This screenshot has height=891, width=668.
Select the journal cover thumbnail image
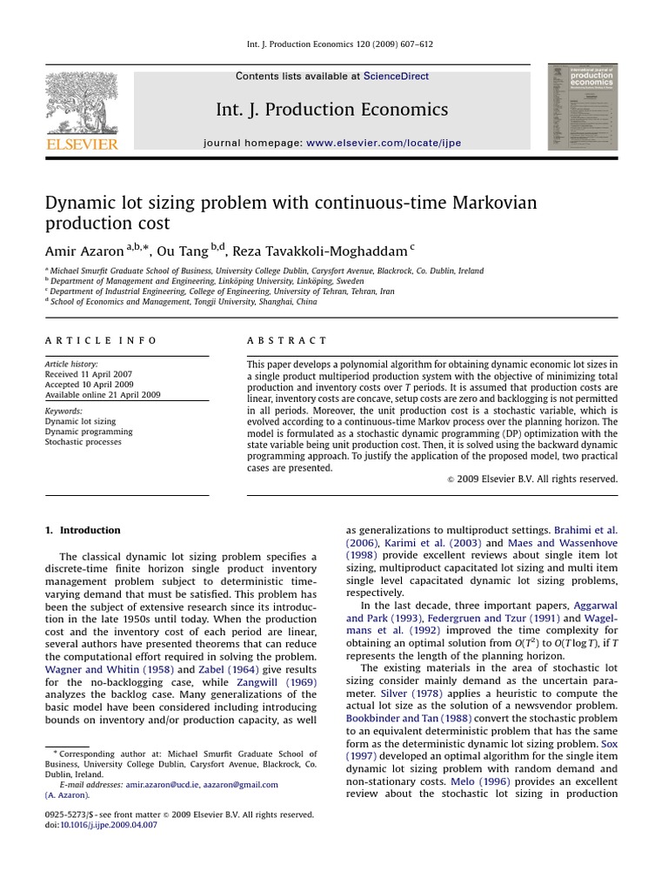[582, 106]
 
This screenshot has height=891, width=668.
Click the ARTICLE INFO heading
[101, 341]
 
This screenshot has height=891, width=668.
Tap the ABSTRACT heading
[287, 341]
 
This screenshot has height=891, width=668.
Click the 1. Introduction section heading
[83, 530]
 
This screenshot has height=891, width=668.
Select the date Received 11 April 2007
[90, 374]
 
